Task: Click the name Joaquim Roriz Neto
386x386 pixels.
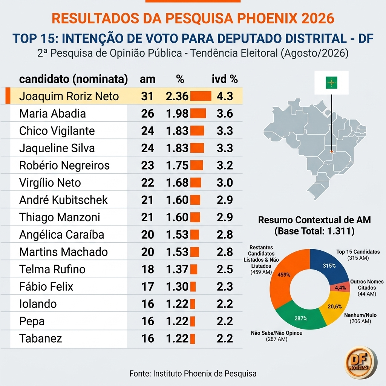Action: pyautogui.click(x=69, y=96)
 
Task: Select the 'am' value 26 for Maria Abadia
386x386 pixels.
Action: pyautogui.click(x=147, y=113)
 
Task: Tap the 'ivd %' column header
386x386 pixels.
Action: pyautogui.click(x=225, y=79)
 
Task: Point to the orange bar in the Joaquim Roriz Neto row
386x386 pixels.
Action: pyautogui.click(x=201, y=96)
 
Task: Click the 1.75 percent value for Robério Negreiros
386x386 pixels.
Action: pyautogui.click(x=177, y=165)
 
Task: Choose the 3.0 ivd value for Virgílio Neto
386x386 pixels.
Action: pyautogui.click(x=225, y=183)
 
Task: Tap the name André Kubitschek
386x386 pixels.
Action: pyautogui.click(x=63, y=200)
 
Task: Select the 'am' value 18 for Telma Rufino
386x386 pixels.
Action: pyautogui.click(x=147, y=269)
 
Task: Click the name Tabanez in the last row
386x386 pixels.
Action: pyautogui.click(x=41, y=339)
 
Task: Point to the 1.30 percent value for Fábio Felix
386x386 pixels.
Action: pyautogui.click(x=177, y=286)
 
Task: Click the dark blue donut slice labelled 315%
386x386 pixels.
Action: pyautogui.click(x=329, y=265)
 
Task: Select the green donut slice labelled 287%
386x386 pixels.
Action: pyautogui.click(x=301, y=318)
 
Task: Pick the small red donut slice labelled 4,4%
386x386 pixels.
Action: pyautogui.click(x=340, y=287)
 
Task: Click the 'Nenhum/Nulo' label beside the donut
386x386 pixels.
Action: pyautogui.click(x=360, y=315)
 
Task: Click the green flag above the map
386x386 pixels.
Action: pyautogui.click(x=331, y=83)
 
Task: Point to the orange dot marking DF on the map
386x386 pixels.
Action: pyautogui.click(x=332, y=152)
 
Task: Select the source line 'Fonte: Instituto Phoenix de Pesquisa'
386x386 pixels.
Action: pyautogui.click(x=193, y=374)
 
